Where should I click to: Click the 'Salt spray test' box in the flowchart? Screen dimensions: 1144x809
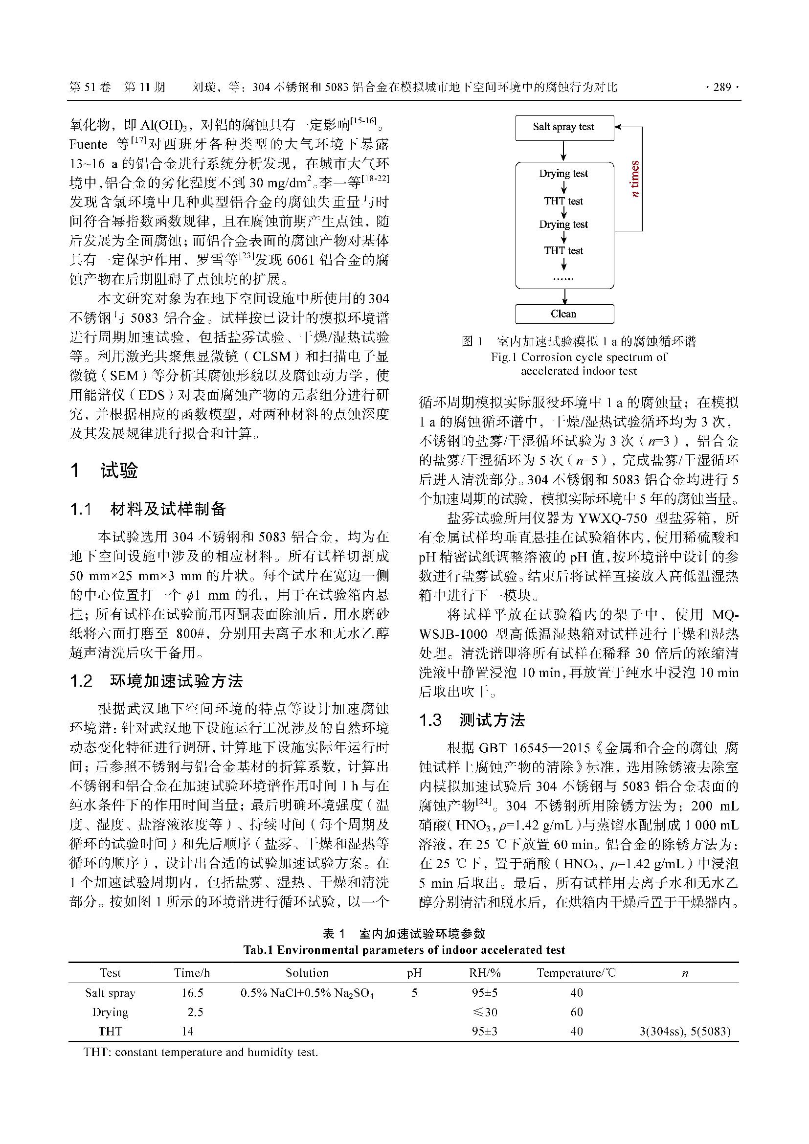pos(563,127)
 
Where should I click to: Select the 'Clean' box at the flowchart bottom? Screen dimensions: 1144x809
pos(563,314)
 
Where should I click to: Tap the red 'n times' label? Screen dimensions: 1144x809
pos(635,179)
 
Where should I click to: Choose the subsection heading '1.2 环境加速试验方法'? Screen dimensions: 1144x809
pos(156,681)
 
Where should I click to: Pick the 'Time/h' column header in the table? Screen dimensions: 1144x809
pos(192,973)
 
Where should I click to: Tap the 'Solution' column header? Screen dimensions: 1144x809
pos(307,973)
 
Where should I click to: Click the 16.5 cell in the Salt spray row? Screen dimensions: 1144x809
pos(192,993)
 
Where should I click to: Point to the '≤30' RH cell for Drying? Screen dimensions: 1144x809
pos(484,1012)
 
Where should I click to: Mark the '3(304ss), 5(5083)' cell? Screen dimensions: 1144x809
pos(684,1032)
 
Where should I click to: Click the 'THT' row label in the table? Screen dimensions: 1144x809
pos(110,1032)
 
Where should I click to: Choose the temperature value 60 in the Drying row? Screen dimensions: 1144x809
pos(576,1012)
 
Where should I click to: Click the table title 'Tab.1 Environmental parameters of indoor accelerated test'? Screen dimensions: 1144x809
pos(404,950)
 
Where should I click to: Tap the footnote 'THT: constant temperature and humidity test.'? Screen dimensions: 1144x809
pos(201,1053)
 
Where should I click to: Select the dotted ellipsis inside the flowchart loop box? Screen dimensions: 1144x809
pos(563,278)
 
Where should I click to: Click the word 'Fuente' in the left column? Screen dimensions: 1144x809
pos(89,144)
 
